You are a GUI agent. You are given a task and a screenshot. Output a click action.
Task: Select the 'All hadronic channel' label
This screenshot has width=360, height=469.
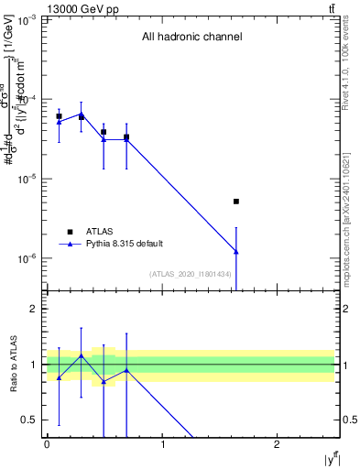[x=191, y=38]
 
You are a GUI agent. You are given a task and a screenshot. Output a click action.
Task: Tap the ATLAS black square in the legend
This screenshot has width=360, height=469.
[x=70, y=232]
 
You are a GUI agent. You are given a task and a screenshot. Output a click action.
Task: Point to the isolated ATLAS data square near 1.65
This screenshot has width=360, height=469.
[x=236, y=202]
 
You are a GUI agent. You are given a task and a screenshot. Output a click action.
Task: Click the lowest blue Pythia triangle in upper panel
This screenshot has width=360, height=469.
[x=236, y=251]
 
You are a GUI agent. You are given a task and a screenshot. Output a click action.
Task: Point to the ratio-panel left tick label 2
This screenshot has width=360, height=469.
[x=35, y=309]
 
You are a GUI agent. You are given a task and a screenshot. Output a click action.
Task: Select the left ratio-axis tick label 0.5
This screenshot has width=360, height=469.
[x=31, y=420]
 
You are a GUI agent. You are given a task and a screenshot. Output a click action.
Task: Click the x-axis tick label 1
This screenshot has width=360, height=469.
[x=162, y=443]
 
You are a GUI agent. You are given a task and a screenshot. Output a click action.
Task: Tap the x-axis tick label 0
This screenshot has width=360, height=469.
[x=47, y=443]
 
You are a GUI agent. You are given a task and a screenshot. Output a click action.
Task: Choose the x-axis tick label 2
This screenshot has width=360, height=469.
[x=278, y=443]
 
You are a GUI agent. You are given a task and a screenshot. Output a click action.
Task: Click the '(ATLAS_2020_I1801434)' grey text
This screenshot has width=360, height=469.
[x=191, y=274]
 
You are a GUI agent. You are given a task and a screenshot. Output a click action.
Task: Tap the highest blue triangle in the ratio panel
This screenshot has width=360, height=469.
[x=82, y=355]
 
